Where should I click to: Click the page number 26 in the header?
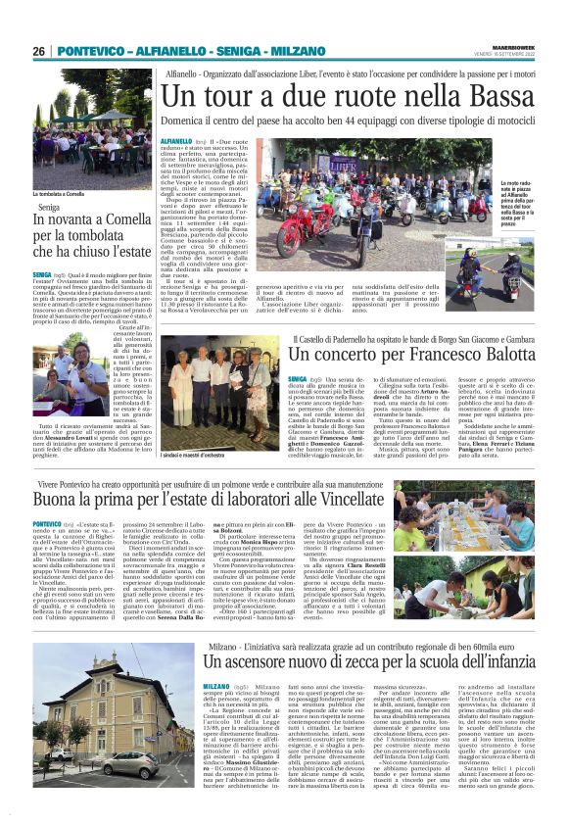(39, 51)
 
